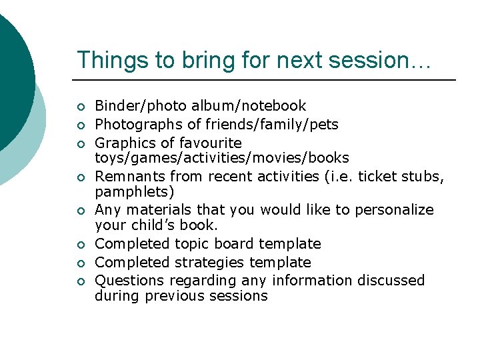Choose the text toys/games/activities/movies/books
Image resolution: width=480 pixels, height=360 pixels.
(221, 158)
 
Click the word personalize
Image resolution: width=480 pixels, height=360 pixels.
(394, 210)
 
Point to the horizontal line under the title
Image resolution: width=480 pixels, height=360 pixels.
(267, 80)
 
